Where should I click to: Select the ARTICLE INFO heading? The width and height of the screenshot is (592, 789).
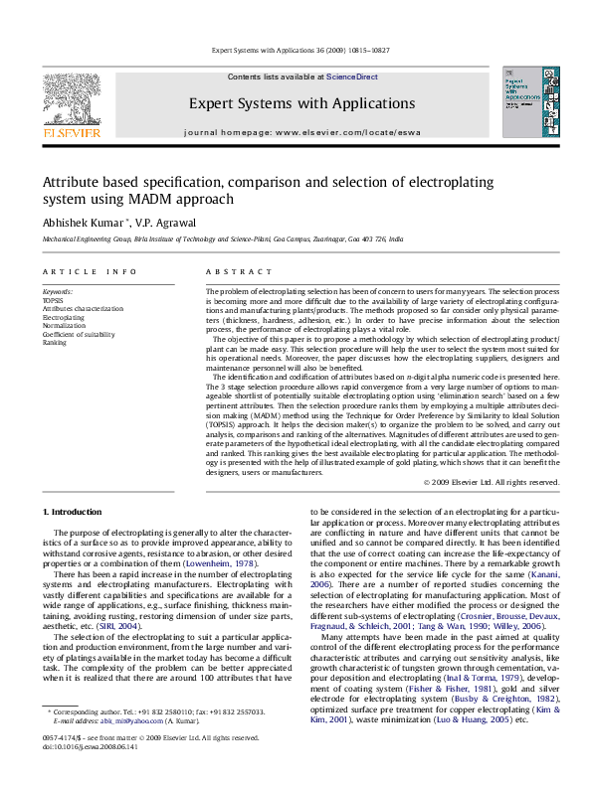[x=90, y=271]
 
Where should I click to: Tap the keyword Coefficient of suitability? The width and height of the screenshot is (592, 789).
[x=83, y=334]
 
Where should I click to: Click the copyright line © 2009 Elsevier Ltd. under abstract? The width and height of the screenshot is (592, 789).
[x=492, y=482]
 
